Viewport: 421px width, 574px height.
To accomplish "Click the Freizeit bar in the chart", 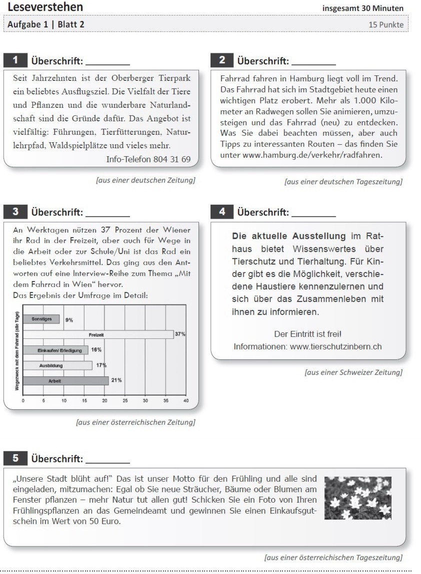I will click(98, 334).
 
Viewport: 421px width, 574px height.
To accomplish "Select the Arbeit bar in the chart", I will click(65, 381).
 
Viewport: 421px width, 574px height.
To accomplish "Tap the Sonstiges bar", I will click(41, 319).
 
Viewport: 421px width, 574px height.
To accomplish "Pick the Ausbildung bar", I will click(57, 365).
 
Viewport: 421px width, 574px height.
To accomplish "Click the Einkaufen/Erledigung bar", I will click(55, 350).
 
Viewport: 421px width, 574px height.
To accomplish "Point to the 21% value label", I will click(116, 380).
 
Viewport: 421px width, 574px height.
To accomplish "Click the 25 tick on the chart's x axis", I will click(125, 400).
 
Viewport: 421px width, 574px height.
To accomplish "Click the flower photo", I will click(357, 498).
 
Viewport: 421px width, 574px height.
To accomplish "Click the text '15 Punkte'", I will click(386, 24).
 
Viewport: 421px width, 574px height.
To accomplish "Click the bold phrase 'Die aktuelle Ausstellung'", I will click(289, 236).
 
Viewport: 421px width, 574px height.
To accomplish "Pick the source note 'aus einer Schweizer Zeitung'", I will click(353, 372).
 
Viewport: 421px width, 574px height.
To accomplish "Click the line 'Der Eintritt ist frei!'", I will click(307, 333).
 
